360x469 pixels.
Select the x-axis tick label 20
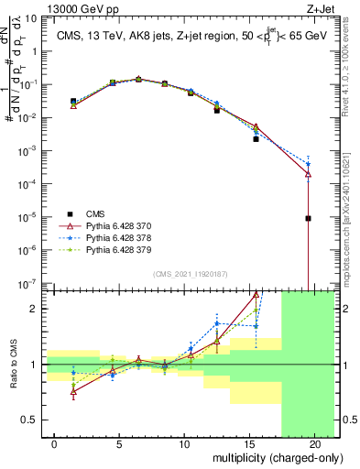314,443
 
